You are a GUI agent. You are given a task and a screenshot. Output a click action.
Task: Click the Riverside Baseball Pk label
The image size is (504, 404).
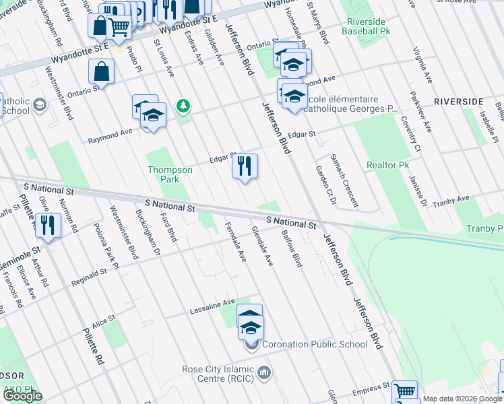(365, 26)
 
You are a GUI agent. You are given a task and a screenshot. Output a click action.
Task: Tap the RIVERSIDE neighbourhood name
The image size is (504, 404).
(458, 101)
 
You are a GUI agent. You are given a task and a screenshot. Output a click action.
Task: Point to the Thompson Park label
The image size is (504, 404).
(170, 174)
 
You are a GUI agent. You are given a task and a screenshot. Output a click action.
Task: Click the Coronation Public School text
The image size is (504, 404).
(315, 344)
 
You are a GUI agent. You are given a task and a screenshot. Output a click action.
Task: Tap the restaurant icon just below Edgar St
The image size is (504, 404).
(245, 166)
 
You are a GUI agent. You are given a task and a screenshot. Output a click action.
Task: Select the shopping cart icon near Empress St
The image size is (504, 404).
(404, 392)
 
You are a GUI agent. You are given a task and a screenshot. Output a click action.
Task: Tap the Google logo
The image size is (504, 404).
(23, 396)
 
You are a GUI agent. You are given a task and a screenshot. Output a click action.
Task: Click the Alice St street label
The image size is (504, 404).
(104, 322)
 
